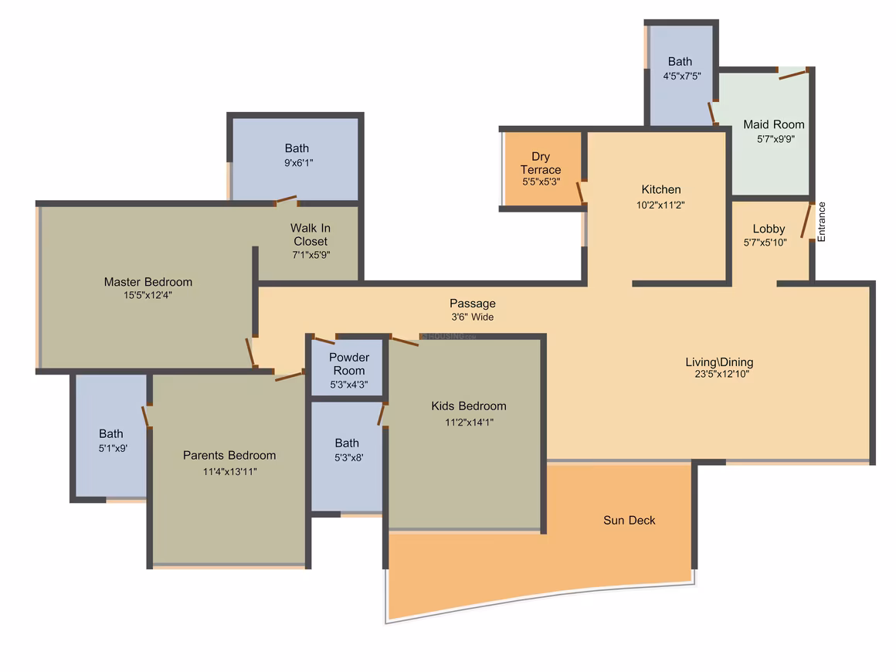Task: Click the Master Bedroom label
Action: [x=148, y=282]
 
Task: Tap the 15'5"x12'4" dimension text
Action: [x=148, y=295]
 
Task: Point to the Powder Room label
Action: [x=349, y=364]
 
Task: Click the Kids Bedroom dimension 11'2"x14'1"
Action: [x=469, y=423]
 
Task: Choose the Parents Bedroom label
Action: [x=229, y=456]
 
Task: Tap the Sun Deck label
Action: [x=630, y=520]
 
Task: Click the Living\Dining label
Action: [x=719, y=361]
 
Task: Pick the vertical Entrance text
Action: [x=822, y=222]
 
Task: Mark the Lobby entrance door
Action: [x=806, y=221]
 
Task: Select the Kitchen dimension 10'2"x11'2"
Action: [x=660, y=205]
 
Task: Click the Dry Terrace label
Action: [x=541, y=163]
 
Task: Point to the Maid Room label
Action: [x=774, y=124]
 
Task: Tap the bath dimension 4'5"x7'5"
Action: [x=682, y=76]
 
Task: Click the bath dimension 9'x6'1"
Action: [x=298, y=163]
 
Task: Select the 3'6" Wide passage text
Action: [x=473, y=317]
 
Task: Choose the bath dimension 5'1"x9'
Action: [x=113, y=449]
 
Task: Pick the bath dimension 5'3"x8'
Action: [x=348, y=458]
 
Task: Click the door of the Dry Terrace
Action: [x=581, y=192]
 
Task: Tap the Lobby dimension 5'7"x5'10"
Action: [x=765, y=243]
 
